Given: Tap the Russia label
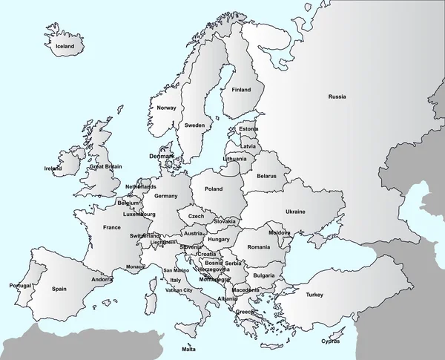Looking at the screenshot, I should pos(337,96).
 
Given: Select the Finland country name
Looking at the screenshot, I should pos(241,90).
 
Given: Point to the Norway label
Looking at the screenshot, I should pos(167,108).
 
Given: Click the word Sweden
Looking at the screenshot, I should pos(195,125).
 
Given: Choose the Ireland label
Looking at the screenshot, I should pos(53,168).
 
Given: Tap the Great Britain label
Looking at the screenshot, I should pos(105,167).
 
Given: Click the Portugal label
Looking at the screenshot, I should pos(20,286).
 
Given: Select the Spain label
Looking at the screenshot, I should pos(60,289).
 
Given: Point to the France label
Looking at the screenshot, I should pos(112,228).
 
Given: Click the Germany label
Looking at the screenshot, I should pos(166,196).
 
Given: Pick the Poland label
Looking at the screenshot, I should pos(214,189).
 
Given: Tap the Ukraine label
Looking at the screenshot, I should pos(296,212).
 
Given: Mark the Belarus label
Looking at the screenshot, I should pos(267,176).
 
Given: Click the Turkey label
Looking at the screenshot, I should pos(315,295).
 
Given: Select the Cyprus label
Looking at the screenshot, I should pos(331,341).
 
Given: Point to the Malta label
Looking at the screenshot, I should pos(189,349).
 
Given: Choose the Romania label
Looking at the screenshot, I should pos(259,246).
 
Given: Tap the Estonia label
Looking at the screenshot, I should pos(249,130).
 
